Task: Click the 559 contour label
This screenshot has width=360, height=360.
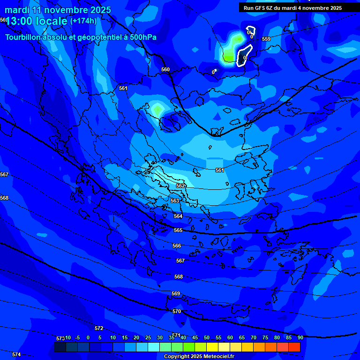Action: coord(266,39)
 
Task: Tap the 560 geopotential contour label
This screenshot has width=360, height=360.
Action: coord(165,70)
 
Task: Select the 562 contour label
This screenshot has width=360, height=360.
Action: coord(180,186)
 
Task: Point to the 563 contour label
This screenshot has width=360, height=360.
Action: coord(175,201)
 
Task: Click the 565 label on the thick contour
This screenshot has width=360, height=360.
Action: coord(178,231)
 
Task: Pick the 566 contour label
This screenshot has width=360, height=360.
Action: coord(177,246)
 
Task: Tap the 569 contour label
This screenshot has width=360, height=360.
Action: coord(176,294)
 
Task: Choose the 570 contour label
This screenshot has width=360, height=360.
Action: coord(177,312)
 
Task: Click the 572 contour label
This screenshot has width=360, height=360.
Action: coord(99,328)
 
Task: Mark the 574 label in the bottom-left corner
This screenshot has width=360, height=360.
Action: coord(16,355)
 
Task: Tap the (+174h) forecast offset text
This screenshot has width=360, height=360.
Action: coord(83,21)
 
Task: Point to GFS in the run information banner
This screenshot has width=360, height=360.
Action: coord(261,8)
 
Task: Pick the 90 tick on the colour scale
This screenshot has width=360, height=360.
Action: coord(300,337)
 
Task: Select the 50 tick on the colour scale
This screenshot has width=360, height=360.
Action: coord(206,337)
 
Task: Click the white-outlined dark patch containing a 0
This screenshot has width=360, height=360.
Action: coord(244,55)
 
